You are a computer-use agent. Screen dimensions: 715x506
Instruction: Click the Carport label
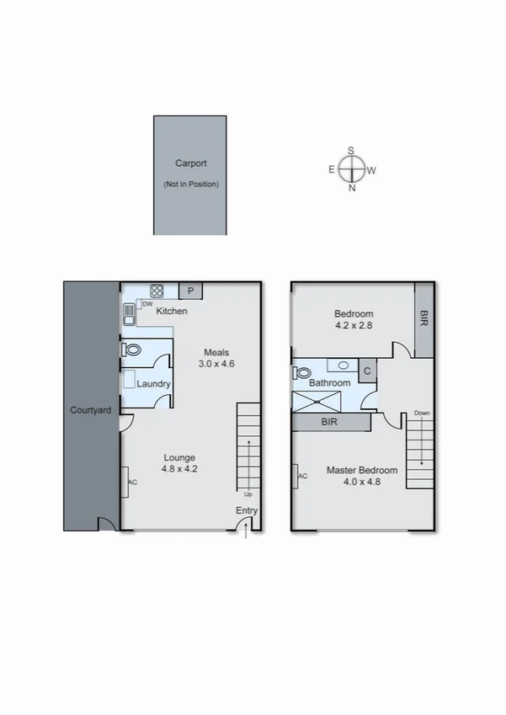(190, 164)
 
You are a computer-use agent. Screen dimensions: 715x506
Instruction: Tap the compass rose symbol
(352, 169)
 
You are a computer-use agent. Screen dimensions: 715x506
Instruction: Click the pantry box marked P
(191, 291)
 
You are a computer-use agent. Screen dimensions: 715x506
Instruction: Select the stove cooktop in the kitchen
(157, 291)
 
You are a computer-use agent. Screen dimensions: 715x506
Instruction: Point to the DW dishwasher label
(147, 304)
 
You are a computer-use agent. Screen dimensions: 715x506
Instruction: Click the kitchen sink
(129, 313)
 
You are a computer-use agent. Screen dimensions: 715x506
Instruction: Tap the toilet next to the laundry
(130, 349)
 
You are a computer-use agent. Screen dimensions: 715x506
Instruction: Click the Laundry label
(154, 384)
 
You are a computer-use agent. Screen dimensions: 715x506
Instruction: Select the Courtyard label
(88, 411)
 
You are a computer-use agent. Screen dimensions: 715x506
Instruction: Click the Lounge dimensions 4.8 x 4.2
(179, 470)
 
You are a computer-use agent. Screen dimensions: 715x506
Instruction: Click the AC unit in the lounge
(125, 483)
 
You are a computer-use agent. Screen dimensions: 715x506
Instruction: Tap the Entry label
(247, 511)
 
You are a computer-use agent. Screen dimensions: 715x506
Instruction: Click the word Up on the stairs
(248, 494)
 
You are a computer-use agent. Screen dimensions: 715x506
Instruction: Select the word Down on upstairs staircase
(421, 414)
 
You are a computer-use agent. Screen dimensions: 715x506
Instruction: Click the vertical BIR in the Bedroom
(423, 319)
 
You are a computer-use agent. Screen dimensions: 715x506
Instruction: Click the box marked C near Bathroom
(367, 370)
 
